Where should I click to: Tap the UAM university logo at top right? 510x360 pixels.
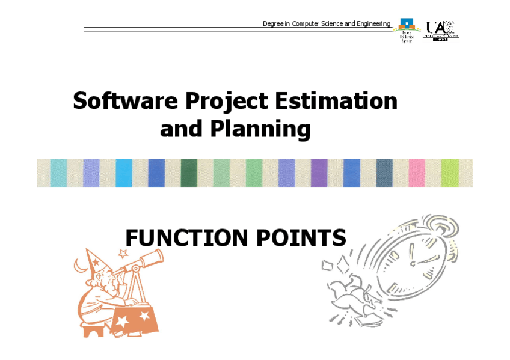tap(440, 29)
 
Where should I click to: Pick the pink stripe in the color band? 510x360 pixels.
tap(417, 173)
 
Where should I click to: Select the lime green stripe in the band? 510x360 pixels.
tap(449, 173)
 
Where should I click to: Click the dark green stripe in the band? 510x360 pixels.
tap(189, 173)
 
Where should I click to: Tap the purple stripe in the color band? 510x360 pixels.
tap(319, 173)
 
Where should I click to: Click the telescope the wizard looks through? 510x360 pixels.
tap(144, 262)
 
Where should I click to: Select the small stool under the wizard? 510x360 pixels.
tap(95, 330)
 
